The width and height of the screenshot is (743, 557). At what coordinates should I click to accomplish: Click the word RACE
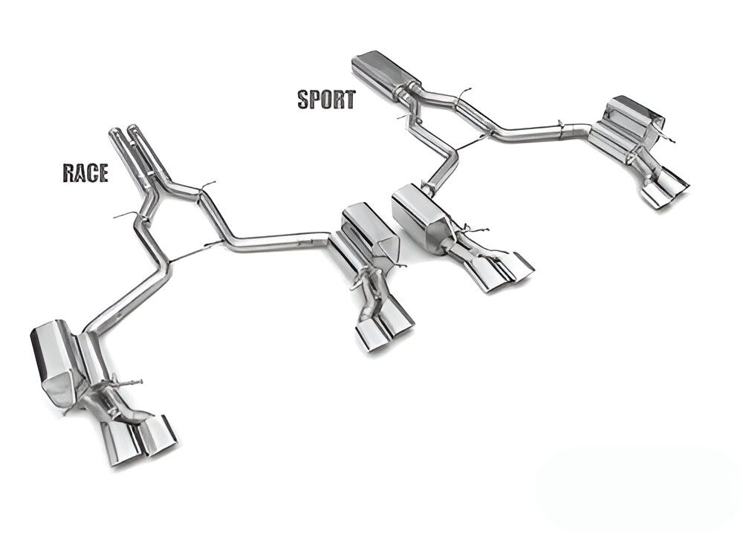tap(85, 173)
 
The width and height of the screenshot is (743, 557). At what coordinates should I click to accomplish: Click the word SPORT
tap(326, 99)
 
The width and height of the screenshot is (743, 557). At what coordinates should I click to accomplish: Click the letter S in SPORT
tap(304, 99)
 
